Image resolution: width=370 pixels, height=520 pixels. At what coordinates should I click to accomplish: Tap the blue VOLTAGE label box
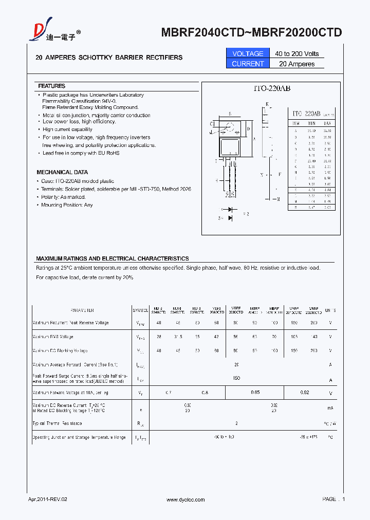[x=248, y=53]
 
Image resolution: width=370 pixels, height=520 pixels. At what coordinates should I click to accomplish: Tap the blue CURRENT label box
[x=248, y=64]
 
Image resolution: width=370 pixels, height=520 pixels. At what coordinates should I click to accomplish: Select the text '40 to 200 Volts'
[x=297, y=53]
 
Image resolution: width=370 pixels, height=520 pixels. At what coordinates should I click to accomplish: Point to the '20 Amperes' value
[x=297, y=64]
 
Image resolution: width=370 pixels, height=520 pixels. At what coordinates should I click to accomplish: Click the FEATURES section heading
[x=52, y=86]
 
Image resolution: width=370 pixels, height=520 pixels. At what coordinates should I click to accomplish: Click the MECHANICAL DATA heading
[x=62, y=172]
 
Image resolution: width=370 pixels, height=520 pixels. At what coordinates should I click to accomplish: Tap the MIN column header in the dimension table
[x=311, y=124]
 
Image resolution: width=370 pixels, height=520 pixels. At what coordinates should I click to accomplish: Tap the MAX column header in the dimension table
[x=327, y=124]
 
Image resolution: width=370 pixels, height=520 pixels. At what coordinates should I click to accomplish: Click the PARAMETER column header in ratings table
[x=82, y=310]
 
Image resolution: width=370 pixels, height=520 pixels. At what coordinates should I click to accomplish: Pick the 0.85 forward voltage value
[x=255, y=393]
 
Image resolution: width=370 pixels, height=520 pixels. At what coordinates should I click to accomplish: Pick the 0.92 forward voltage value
[x=304, y=393]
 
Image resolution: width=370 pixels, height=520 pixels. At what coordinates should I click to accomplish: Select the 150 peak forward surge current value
[x=236, y=378]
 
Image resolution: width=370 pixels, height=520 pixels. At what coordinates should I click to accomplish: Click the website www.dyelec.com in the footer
[x=186, y=499]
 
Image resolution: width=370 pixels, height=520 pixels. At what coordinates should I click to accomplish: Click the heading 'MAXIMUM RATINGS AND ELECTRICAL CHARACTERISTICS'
[x=112, y=258]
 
